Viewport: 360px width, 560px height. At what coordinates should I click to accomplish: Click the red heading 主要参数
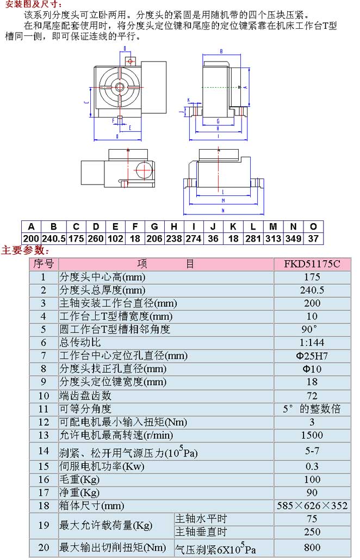(x=25, y=251)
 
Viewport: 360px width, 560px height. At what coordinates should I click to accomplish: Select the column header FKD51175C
(x=312, y=264)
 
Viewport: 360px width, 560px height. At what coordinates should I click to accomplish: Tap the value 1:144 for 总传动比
(x=312, y=343)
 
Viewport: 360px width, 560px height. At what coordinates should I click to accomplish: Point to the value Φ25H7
(x=312, y=356)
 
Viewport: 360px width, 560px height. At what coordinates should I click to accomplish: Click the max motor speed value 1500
(x=312, y=435)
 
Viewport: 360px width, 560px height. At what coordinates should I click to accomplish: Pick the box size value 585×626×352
(x=312, y=506)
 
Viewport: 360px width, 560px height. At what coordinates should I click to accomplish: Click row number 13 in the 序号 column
(x=44, y=435)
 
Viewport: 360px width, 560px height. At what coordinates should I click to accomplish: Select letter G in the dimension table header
(x=155, y=227)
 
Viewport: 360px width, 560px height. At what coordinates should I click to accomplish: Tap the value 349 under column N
(x=294, y=238)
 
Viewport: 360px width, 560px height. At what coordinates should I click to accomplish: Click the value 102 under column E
(x=115, y=238)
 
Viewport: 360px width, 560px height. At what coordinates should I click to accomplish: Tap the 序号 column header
(x=44, y=264)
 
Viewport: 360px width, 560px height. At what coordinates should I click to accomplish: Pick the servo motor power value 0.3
(x=312, y=466)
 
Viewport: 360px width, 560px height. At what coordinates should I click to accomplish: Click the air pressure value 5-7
(x=312, y=451)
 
